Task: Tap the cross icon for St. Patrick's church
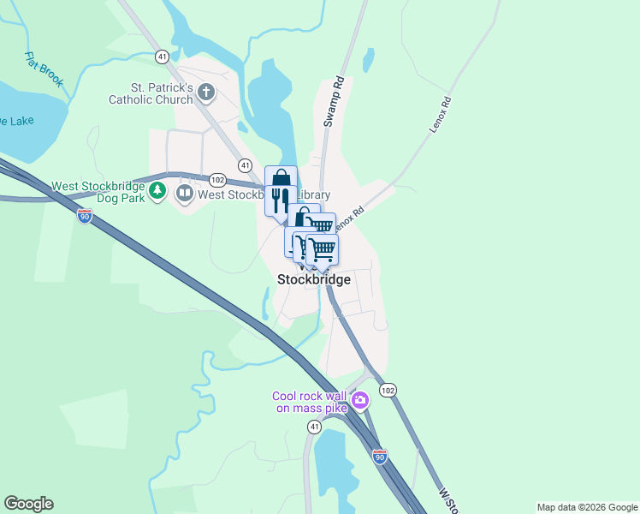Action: [x=206, y=92]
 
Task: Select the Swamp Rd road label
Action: [x=333, y=103]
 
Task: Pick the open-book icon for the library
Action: [x=184, y=194]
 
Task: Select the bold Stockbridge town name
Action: [x=314, y=279]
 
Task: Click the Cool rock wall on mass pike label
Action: [x=310, y=402]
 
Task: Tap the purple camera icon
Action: [x=361, y=400]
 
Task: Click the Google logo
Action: [x=28, y=504]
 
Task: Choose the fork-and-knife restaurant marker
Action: [x=281, y=200]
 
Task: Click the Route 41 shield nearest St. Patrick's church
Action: [x=162, y=56]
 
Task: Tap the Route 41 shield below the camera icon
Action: [x=315, y=426]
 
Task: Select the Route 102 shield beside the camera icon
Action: [x=388, y=390]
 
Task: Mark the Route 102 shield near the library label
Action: [x=217, y=179]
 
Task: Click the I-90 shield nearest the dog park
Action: [x=84, y=217]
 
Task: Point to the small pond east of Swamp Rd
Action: [x=368, y=59]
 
